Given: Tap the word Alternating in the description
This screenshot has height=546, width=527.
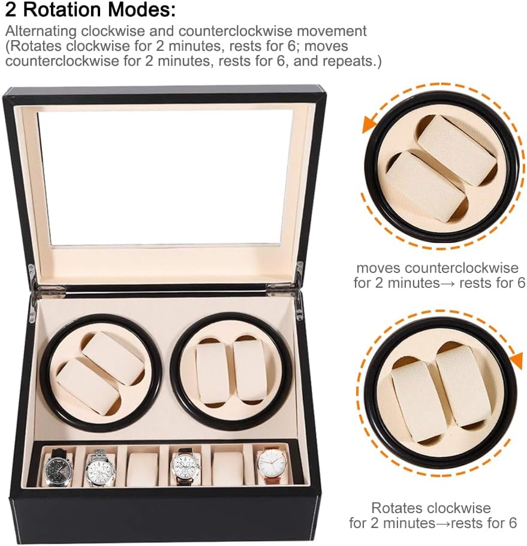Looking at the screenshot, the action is point(40,31).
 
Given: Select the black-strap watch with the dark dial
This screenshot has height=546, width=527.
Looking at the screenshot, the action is point(59,466).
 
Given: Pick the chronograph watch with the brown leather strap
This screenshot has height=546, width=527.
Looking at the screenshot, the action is point(185,466).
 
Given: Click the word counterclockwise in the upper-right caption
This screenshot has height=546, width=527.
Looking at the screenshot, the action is point(462,268).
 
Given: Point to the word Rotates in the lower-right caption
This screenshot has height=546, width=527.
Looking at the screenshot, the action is point(396,508).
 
